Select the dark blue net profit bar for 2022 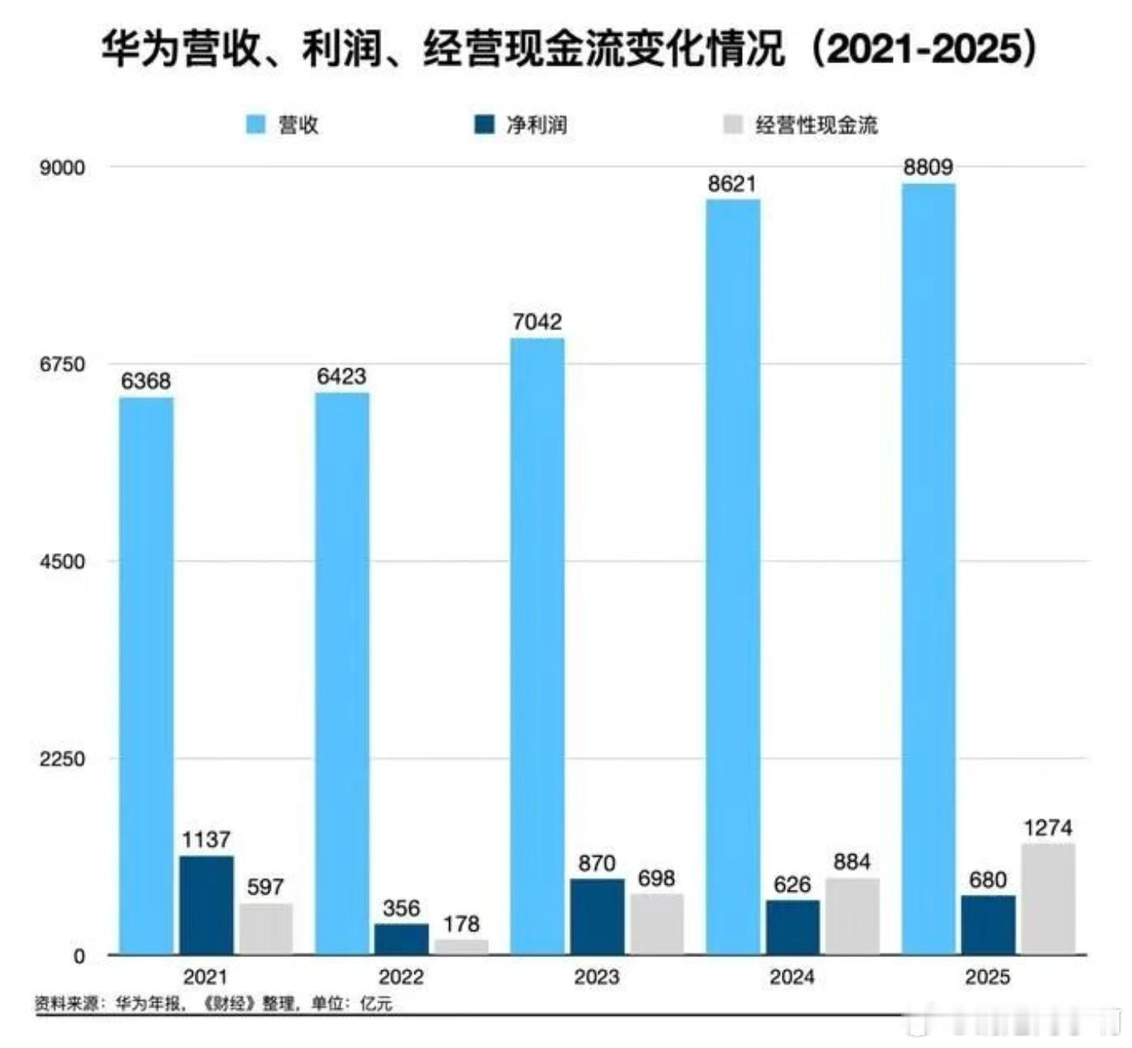(x=401, y=938)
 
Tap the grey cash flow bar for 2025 (x=1048, y=899)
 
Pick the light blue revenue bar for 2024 (x=733, y=576)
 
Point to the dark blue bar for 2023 (x=597, y=916)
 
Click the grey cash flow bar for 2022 (x=461, y=947)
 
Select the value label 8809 (x=928, y=167)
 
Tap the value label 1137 (x=206, y=840)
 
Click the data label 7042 (x=537, y=322)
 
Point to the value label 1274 (x=1048, y=828)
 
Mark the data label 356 (x=401, y=908)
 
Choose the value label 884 (x=851, y=861)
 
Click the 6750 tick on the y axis (x=62, y=364)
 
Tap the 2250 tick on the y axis (x=62, y=759)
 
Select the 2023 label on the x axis (x=597, y=977)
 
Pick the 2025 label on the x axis (x=988, y=977)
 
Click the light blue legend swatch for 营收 (x=256, y=125)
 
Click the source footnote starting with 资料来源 (x=213, y=1004)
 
